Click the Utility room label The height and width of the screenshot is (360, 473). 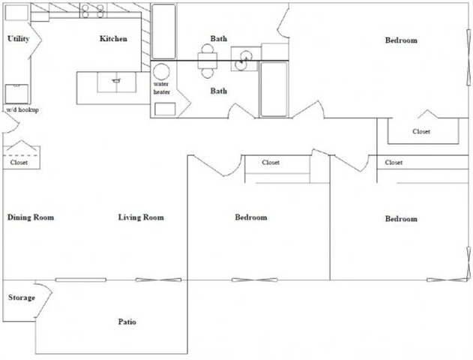pos(18,39)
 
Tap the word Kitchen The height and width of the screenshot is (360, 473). pos(113,39)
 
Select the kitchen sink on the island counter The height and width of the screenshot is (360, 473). pos(115,81)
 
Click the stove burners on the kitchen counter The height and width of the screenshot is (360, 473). pos(92,10)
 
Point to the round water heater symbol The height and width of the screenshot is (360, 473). pos(161,73)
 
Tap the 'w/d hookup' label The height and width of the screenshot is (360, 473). pos(22,110)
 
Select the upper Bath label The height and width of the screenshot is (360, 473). pos(219,39)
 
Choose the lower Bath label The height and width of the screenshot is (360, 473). pos(219,91)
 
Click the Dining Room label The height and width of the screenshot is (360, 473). pos(31,217)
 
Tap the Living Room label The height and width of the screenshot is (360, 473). pos(141,217)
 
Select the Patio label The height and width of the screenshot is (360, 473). pos(127,322)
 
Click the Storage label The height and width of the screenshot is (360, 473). pos(21,298)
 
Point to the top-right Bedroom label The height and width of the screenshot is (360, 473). pos(401,40)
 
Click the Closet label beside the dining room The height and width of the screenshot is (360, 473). pos(19,162)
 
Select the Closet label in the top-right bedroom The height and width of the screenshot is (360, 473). pos(421,132)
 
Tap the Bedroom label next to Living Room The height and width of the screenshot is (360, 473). pos(251,217)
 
